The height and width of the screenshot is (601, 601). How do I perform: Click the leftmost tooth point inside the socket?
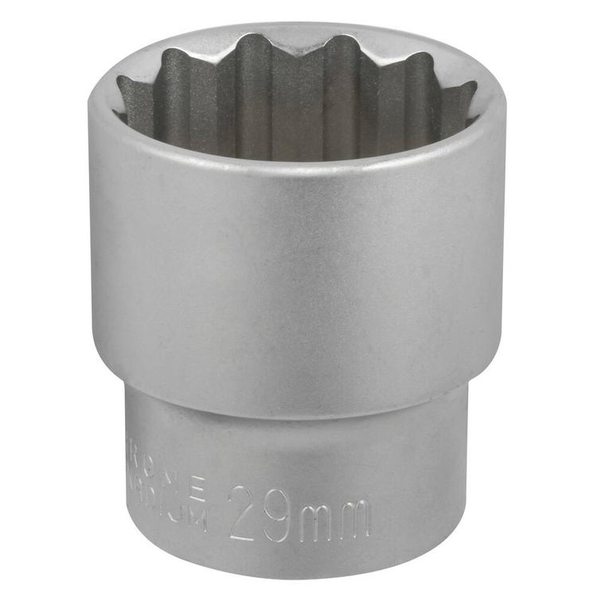click(x=122, y=80)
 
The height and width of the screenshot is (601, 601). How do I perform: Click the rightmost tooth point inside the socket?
click(x=474, y=86)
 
